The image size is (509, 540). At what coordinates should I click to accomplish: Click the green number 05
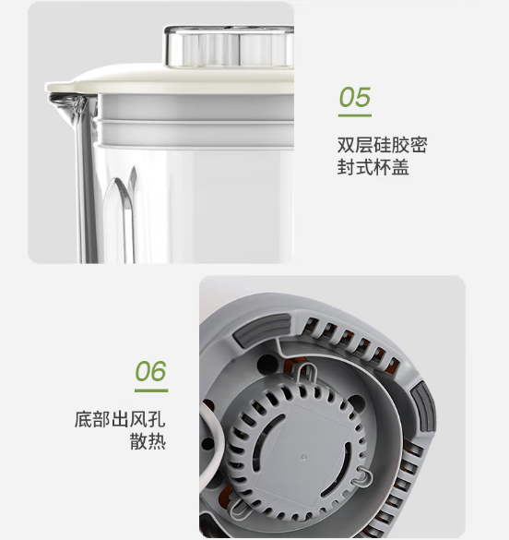355,97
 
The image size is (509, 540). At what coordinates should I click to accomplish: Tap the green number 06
150,371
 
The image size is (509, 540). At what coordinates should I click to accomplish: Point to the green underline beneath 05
355,115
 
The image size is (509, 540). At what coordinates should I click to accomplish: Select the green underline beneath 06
151,390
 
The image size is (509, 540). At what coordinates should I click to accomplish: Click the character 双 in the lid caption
345,145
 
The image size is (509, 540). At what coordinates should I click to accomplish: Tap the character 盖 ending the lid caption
400,167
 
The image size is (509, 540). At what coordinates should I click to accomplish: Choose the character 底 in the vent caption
83,419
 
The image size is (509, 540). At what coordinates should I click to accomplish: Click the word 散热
148,441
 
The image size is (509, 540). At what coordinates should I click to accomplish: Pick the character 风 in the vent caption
138,419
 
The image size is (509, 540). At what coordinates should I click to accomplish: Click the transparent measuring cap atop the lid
229,45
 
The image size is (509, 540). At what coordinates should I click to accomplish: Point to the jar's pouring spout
65,104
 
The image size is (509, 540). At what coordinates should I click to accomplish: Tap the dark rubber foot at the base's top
262,330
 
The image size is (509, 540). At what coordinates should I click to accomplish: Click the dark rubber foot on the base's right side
424,408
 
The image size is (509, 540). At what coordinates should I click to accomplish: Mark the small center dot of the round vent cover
303,457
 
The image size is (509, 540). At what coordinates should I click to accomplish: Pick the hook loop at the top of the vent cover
305,372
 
